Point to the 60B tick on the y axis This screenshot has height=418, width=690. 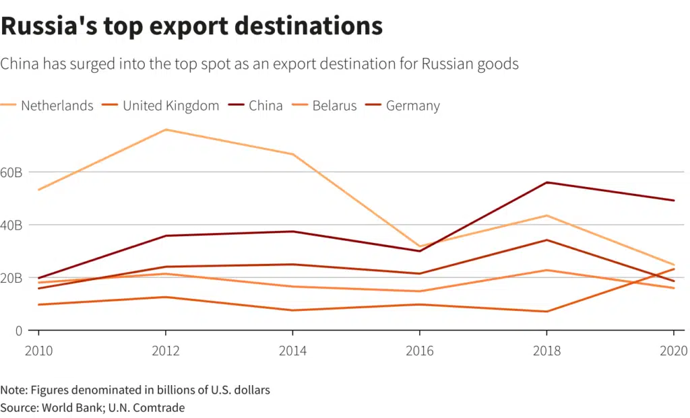pos(11,172)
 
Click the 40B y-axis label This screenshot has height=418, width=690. pos(11,225)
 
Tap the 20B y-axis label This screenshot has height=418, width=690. pos(11,277)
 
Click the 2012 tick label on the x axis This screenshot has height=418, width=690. pos(165,350)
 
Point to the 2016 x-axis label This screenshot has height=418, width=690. pos(419,350)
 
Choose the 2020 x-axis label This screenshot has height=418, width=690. pos(672,350)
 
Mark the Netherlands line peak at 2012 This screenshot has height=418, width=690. pos(165,129)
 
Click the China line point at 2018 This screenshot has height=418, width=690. pos(546,182)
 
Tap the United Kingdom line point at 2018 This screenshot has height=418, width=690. pos(546,312)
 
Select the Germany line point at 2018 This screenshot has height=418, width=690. pos(546,240)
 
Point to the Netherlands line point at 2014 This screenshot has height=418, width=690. pos(292,154)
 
